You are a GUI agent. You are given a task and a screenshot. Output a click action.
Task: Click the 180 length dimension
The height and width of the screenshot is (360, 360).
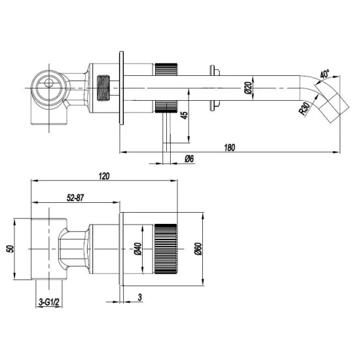pos(229,147)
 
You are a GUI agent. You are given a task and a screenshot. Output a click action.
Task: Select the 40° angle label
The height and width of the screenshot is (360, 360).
pos(325,73)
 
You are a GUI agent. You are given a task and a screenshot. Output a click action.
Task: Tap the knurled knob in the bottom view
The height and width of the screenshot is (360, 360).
pos(166,248)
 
